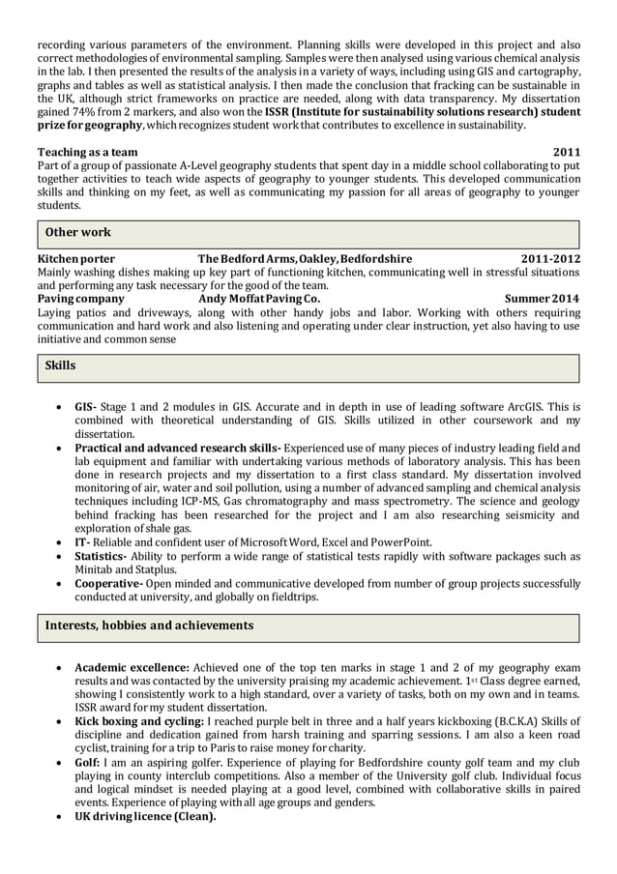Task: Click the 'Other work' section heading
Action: [x=78, y=232]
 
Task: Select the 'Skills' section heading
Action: [x=61, y=366]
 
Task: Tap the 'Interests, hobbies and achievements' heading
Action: [x=149, y=626]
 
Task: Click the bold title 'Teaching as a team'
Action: [x=87, y=152]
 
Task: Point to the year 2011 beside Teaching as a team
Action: [x=566, y=152]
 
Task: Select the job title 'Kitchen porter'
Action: [x=75, y=259]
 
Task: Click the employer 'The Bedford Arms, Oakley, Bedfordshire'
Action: [x=305, y=259]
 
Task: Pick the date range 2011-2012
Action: [x=550, y=259]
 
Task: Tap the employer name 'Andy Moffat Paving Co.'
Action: [x=258, y=299]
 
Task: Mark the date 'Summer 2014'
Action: [x=543, y=299]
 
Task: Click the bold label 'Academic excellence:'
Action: [x=132, y=667]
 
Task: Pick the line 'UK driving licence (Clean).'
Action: [x=145, y=816]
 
